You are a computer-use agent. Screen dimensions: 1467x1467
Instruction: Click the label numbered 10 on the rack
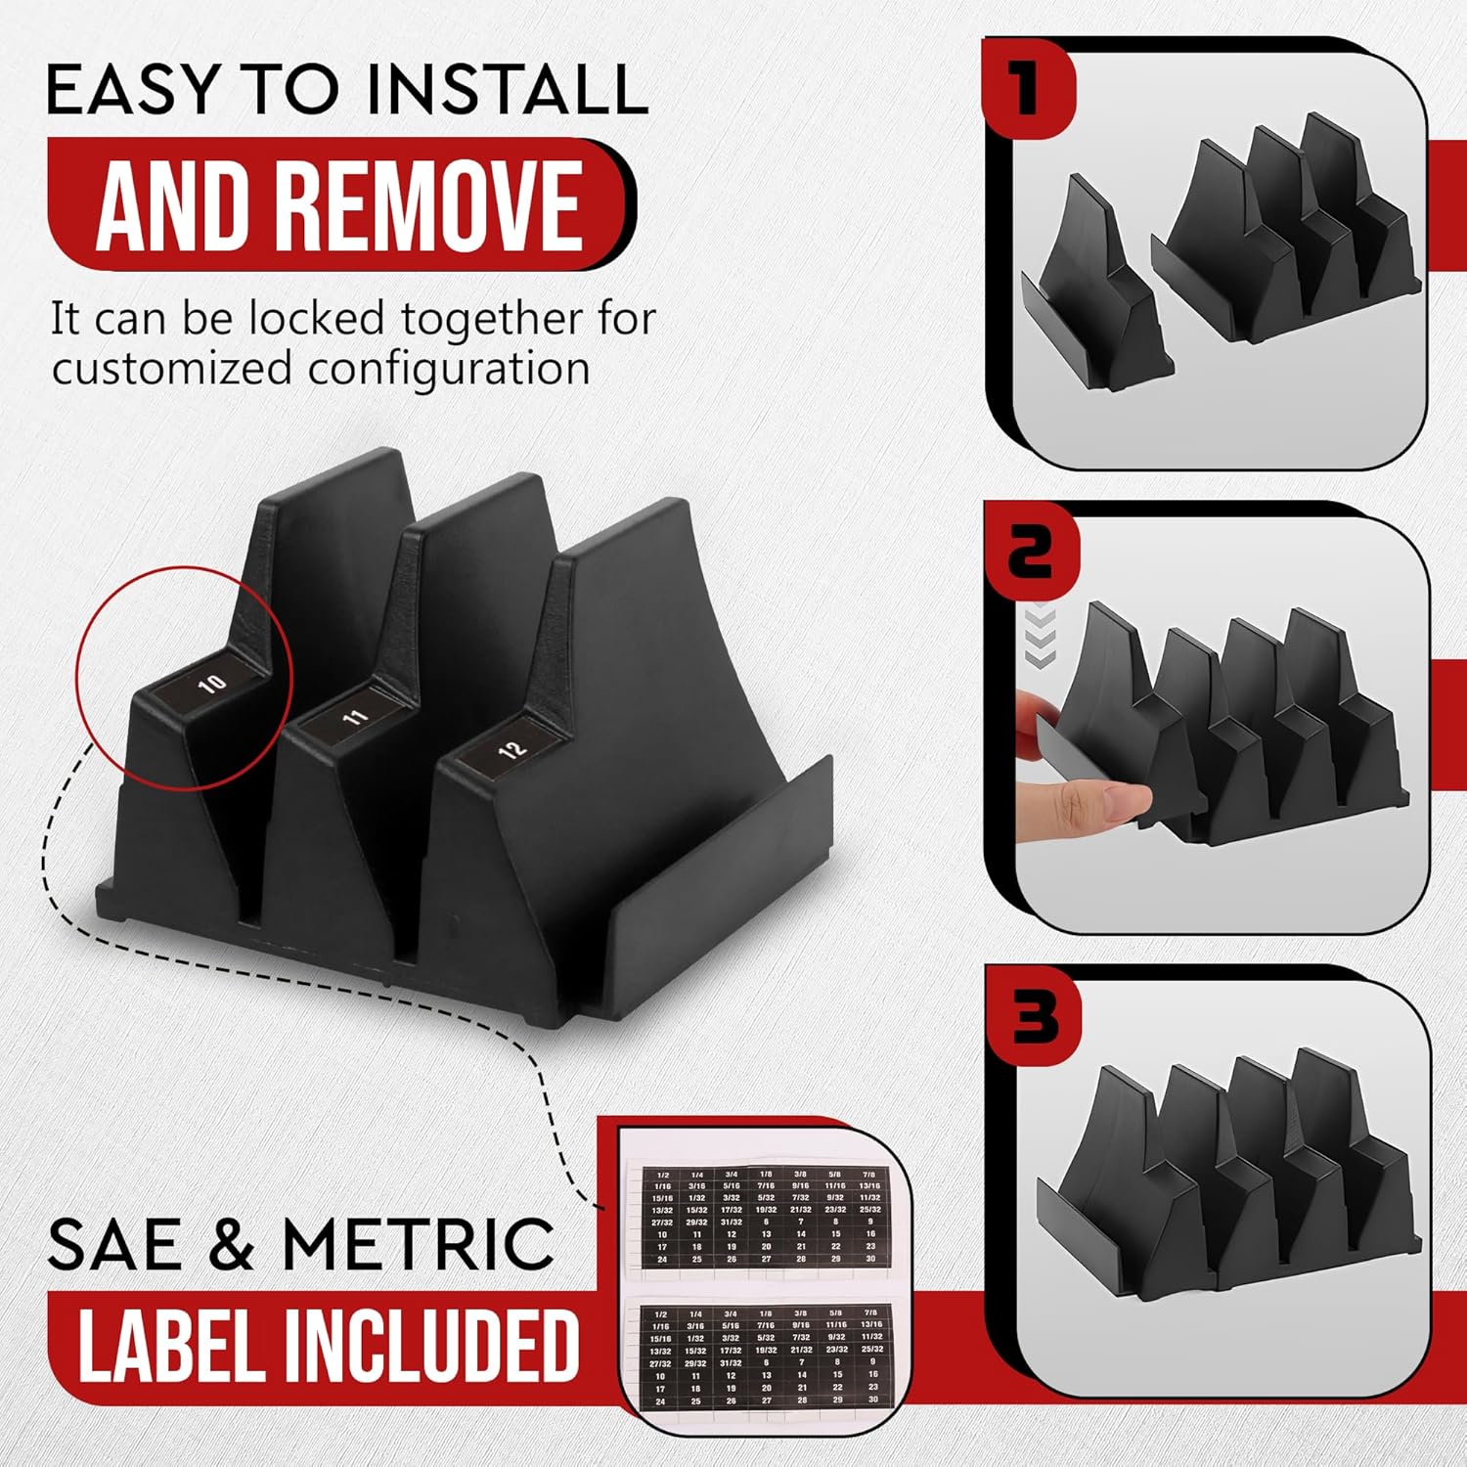[212, 683]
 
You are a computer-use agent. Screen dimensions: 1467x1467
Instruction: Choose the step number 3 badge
[1036, 1017]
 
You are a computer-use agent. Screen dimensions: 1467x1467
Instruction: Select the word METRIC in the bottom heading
[419, 1244]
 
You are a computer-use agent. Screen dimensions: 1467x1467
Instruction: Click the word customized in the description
[173, 370]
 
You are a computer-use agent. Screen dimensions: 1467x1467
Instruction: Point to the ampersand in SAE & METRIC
[232, 1244]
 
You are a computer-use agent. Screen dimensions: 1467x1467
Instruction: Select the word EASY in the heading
[132, 90]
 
